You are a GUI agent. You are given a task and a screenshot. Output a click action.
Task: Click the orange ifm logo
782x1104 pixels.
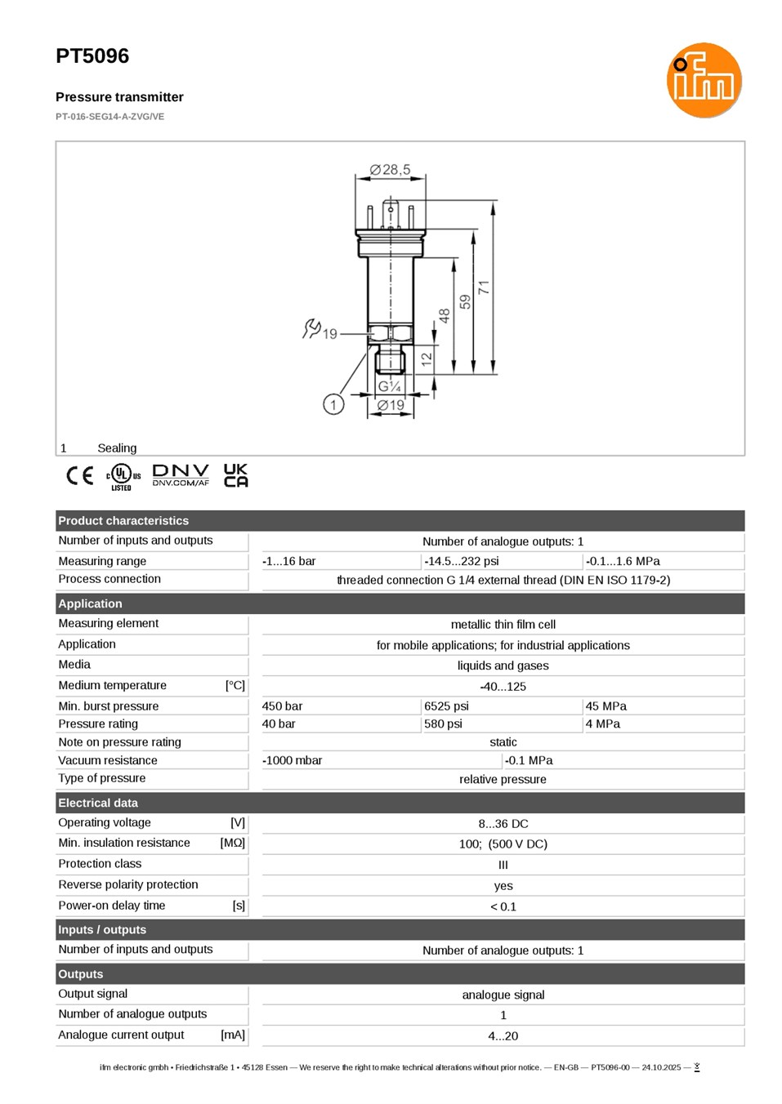coord(704,80)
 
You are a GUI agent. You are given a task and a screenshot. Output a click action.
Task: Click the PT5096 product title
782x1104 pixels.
coord(92,56)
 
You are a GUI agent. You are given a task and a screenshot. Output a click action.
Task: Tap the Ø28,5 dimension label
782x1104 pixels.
coord(390,170)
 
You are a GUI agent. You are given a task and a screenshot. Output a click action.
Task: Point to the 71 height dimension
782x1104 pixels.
coord(484,287)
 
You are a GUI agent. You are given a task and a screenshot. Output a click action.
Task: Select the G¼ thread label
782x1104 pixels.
coord(389,386)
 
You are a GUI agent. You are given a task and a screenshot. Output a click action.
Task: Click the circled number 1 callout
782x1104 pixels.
coord(333,405)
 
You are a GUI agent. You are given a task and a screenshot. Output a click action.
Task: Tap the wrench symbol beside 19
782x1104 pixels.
coord(311,329)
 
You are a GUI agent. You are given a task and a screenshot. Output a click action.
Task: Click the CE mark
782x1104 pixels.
coord(79,475)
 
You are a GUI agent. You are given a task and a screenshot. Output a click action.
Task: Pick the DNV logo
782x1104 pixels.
coord(181,475)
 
